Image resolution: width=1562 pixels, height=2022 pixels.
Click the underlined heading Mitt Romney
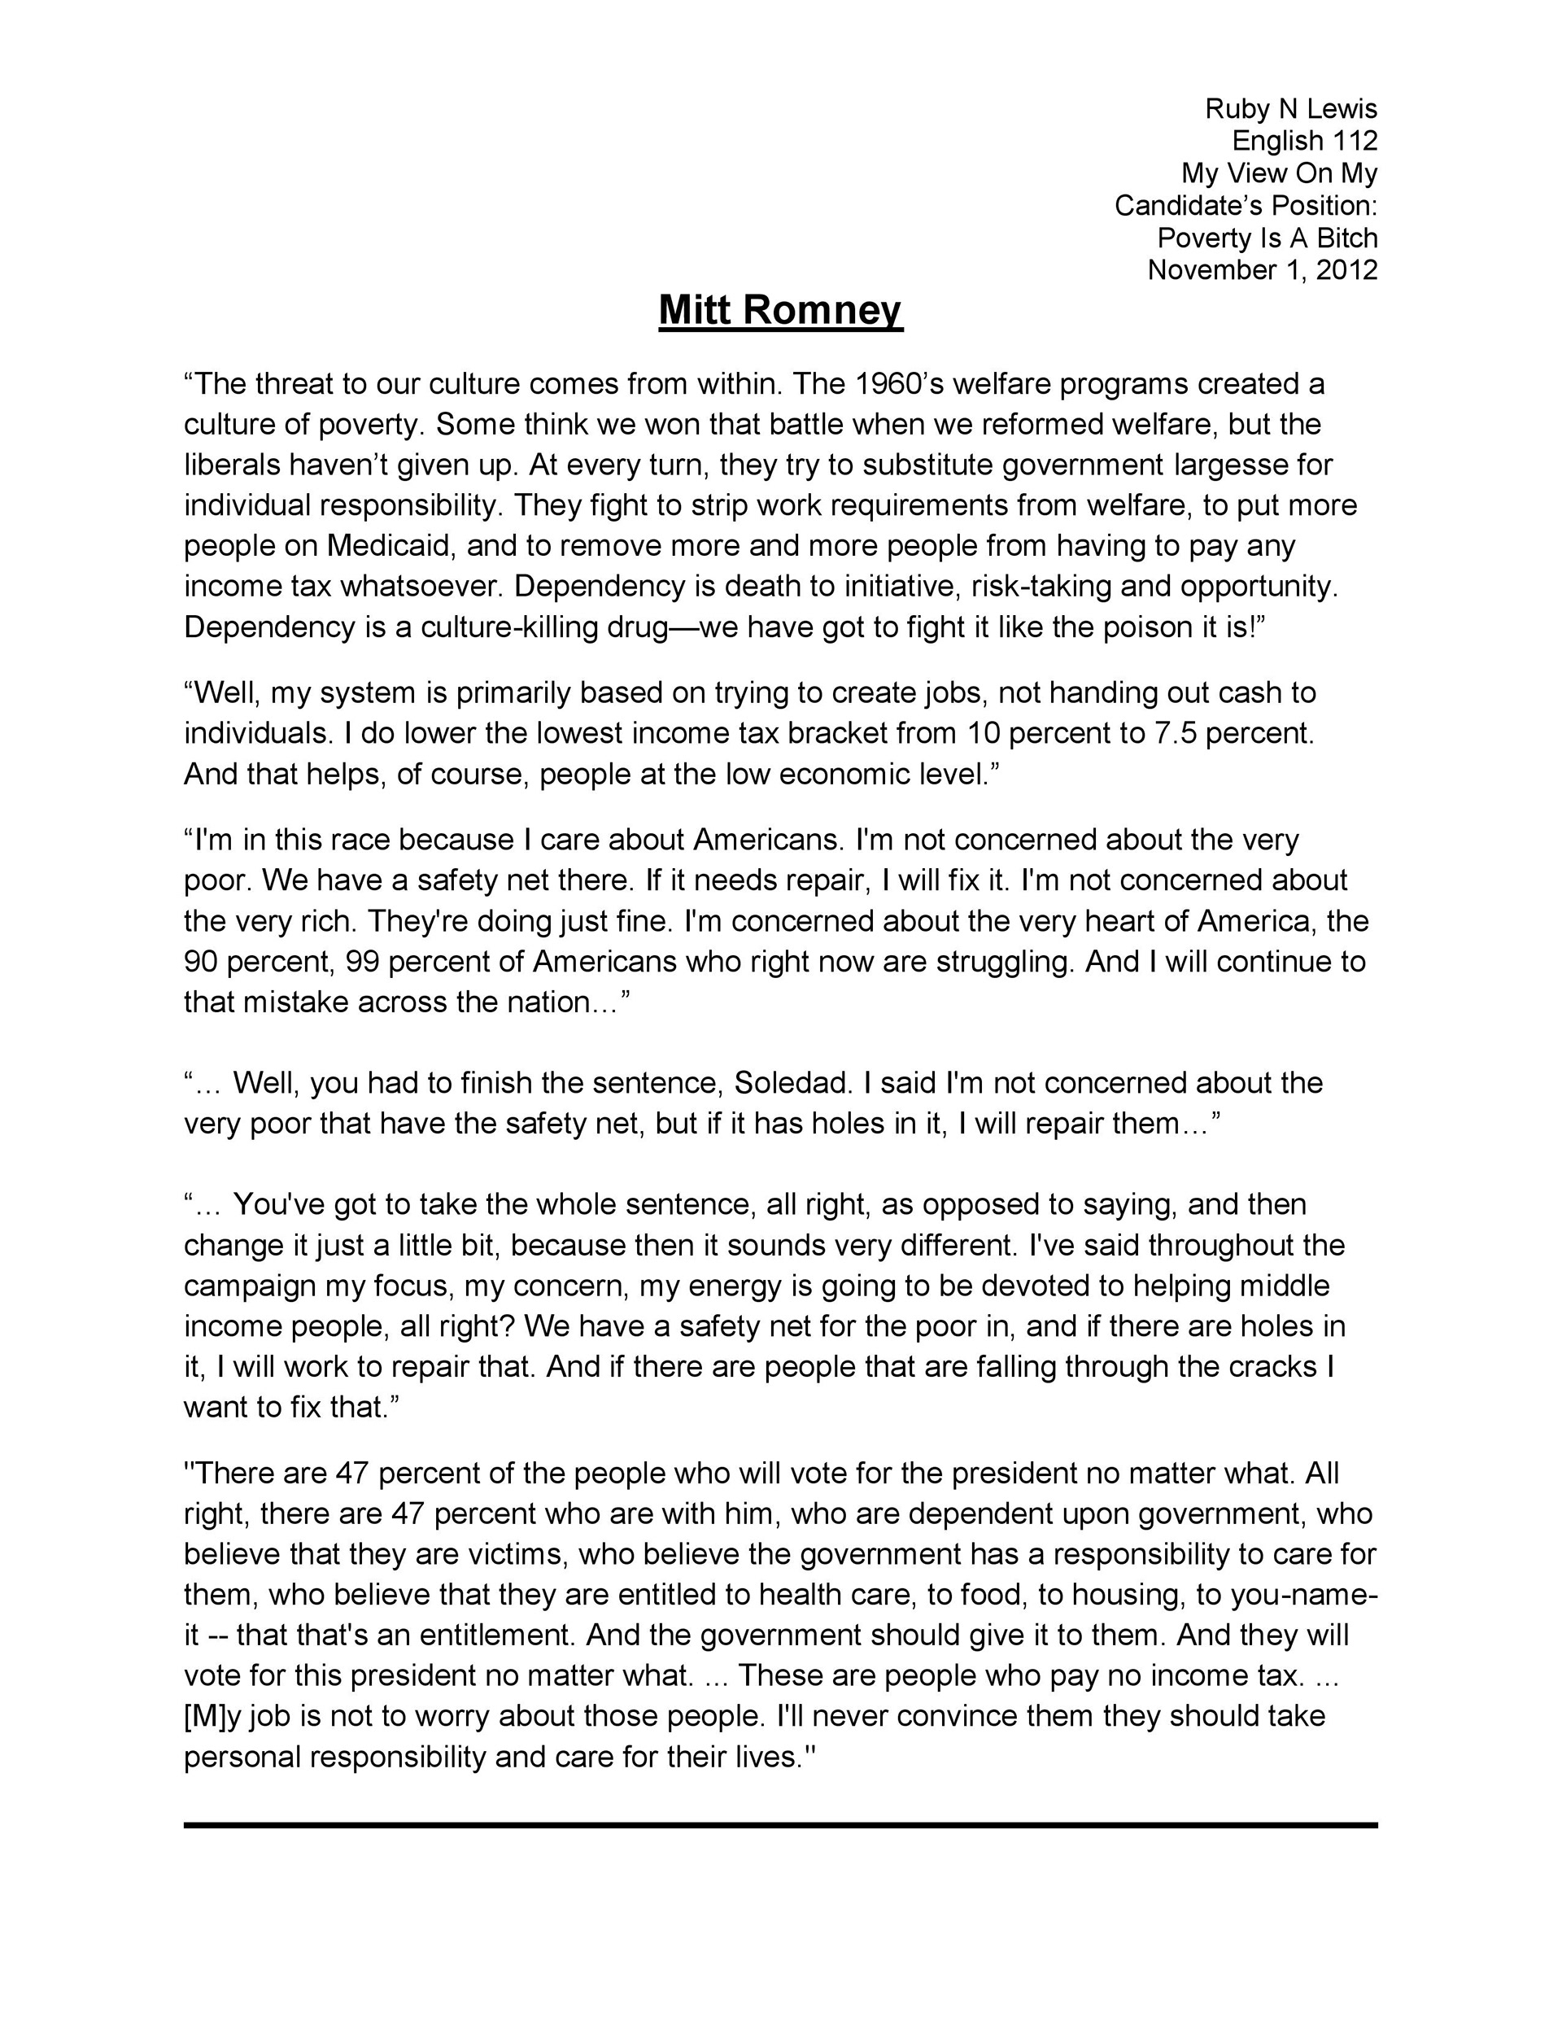779,310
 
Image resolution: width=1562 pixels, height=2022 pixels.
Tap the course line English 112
1303,141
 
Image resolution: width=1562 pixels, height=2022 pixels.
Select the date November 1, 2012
1262,269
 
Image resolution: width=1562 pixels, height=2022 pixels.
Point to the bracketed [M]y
212,1715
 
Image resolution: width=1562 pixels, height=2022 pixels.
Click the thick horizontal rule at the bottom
779,1825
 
